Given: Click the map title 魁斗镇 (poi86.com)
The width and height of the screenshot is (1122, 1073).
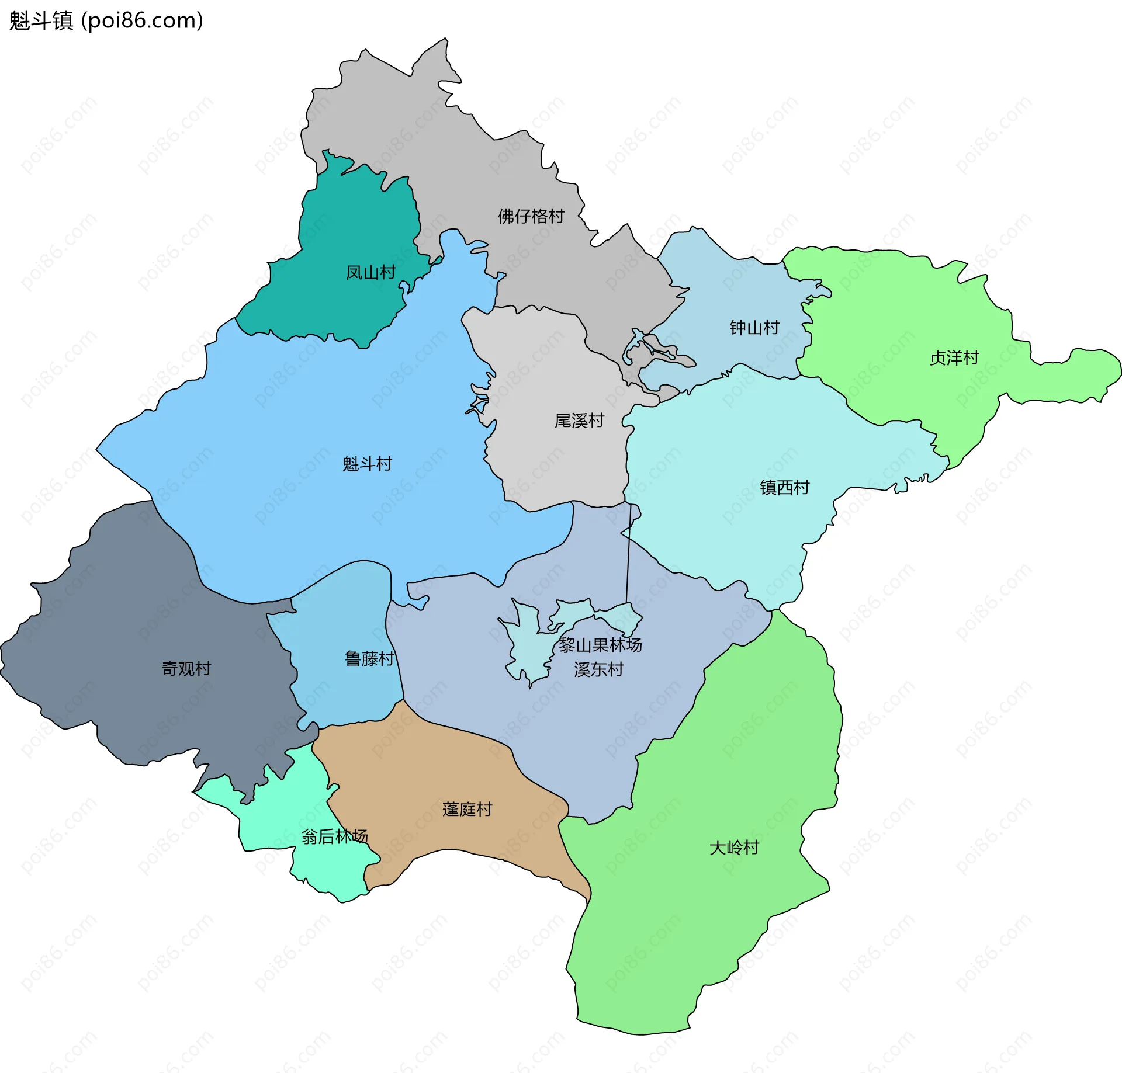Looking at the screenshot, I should [x=106, y=20].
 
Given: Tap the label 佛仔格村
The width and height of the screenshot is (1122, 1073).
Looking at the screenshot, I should [x=531, y=216].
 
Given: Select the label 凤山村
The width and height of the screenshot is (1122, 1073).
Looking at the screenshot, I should [x=370, y=272].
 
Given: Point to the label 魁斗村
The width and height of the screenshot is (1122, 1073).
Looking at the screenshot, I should [x=367, y=464].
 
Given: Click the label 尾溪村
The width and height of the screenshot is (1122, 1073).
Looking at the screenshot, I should [x=579, y=421].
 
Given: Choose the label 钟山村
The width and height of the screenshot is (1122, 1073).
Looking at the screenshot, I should [x=754, y=328].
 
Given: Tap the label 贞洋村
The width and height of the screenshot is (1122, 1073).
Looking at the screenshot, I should [x=954, y=357].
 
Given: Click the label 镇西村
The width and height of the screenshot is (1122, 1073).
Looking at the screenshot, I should [x=784, y=487].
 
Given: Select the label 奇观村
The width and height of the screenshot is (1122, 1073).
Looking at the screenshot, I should [x=186, y=668].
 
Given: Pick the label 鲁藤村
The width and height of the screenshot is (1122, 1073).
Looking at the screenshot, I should [x=369, y=659].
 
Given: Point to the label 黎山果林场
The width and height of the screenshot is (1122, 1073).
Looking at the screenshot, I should [x=600, y=645].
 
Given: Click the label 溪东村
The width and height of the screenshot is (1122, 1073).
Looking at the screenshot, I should [x=598, y=669].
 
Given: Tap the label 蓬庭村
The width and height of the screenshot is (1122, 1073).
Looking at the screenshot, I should [x=467, y=809].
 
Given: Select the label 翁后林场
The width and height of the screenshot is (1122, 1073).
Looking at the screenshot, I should [x=334, y=836].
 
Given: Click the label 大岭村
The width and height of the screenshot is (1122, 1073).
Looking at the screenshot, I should [x=733, y=848].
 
